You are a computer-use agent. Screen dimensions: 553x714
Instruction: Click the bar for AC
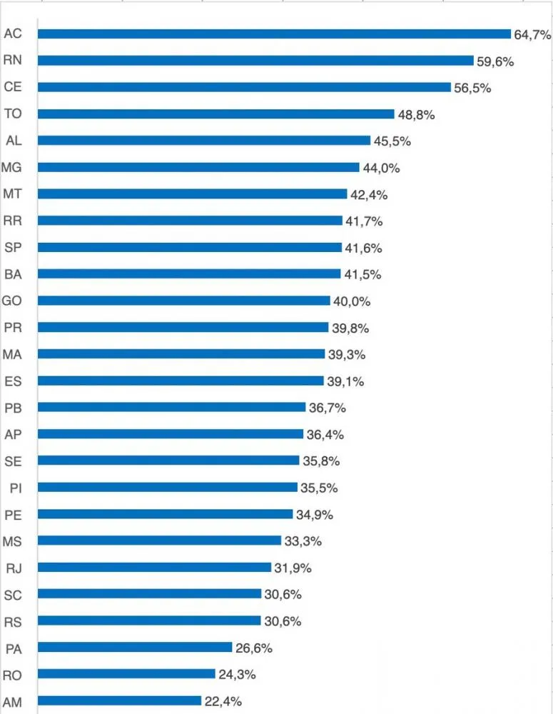275,34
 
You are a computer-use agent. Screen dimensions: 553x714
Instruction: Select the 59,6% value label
495,61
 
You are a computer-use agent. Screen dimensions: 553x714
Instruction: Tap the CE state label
13,86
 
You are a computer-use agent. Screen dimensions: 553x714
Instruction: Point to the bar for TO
215,114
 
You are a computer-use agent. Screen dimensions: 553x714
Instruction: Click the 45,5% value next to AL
392,141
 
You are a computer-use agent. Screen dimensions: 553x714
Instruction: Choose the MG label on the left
11,167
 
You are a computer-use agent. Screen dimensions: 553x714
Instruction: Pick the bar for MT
193,194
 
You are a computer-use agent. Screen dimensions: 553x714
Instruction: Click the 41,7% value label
364,221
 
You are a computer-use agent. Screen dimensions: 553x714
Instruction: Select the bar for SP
190,247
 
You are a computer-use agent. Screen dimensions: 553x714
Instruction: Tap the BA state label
13,274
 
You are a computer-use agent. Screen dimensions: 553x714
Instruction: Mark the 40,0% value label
352,301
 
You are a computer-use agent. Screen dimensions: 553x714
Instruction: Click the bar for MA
181,354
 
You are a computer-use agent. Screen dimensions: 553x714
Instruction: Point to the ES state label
13,381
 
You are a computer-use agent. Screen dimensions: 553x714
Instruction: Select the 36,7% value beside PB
328,408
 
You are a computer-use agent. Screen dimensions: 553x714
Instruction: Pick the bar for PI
168,487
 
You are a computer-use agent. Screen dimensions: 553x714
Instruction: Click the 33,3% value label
303,541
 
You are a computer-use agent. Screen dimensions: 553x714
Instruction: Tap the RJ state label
14,568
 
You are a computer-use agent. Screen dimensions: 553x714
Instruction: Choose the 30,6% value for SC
283,595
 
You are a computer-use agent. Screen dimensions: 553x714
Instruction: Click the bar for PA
135,647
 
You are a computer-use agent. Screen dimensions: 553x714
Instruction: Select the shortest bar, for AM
119,700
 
